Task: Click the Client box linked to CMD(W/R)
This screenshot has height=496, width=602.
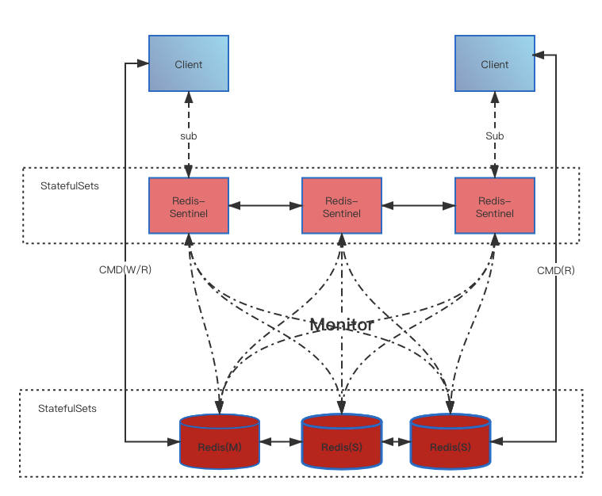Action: tap(189, 63)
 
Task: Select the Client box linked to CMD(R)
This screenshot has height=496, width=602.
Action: tap(494, 63)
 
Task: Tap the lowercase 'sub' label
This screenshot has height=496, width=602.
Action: tap(188, 135)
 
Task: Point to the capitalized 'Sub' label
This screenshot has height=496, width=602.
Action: tap(494, 135)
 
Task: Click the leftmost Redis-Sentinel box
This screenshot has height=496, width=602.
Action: tap(189, 205)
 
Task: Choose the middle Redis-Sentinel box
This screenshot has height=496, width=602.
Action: tap(342, 205)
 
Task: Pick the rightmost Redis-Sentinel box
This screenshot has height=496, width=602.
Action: tap(494, 205)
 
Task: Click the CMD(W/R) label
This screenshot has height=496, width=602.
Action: tap(125, 270)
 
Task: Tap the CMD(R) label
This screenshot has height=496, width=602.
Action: tap(555, 270)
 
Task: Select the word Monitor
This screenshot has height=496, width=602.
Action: tap(341, 324)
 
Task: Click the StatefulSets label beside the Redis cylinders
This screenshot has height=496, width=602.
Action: tap(67, 409)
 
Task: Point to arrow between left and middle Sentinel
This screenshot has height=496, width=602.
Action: tap(265, 206)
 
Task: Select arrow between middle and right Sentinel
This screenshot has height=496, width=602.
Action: tap(418, 206)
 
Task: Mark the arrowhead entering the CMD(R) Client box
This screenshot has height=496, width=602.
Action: tap(539, 55)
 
